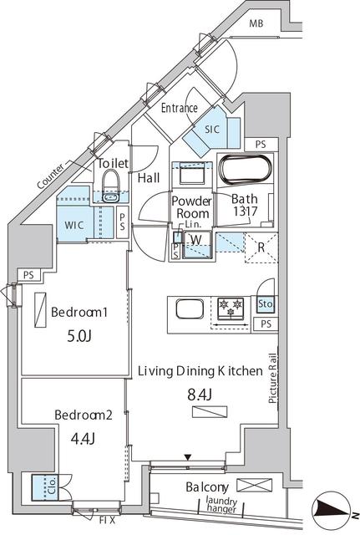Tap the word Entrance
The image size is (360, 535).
click(x=179, y=108)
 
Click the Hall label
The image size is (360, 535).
click(x=150, y=177)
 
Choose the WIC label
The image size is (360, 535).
click(x=70, y=225)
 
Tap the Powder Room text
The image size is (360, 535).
click(x=191, y=207)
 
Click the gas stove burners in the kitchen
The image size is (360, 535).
click(x=229, y=308)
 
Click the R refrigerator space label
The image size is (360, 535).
click(x=261, y=247)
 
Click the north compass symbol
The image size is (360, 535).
click(x=333, y=510)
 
